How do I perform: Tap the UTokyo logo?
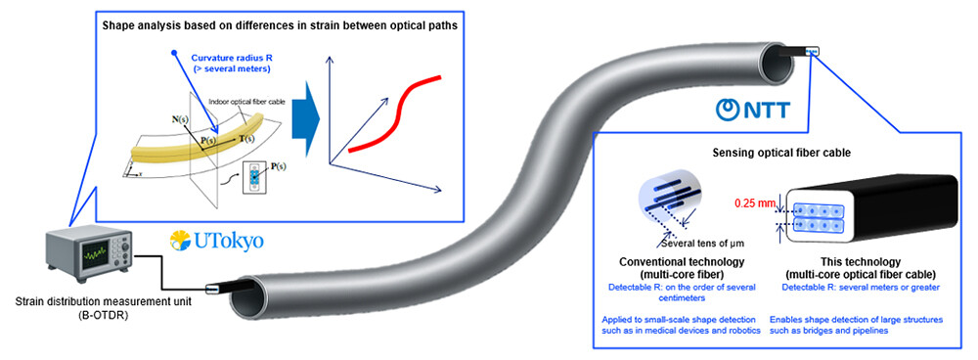pos(216,240)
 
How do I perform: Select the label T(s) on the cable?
pos(248,140)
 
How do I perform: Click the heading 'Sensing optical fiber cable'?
pos(780,153)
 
